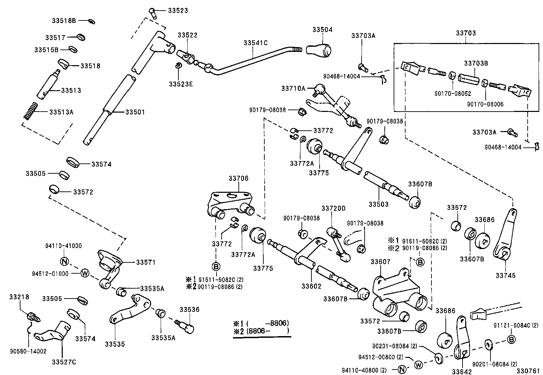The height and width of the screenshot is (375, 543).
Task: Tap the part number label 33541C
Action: click(x=255, y=43)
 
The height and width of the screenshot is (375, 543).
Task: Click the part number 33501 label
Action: click(x=135, y=112)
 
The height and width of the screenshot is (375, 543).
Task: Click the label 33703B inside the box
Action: click(x=476, y=63)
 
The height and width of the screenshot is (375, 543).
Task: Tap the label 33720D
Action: click(x=333, y=208)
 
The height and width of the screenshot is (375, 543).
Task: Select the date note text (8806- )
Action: click(x=268, y=330)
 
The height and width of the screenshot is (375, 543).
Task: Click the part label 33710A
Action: click(x=293, y=88)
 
